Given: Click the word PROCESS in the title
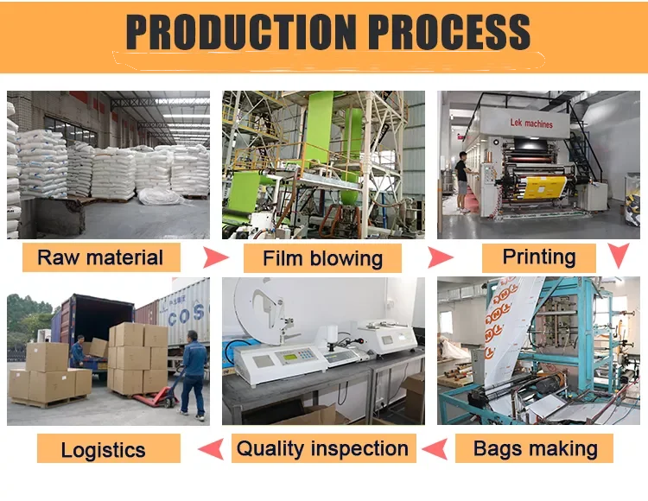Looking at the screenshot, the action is tap(449, 33).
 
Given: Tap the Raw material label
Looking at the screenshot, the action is tap(100, 257).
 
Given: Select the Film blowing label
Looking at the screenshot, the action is tap(322, 258).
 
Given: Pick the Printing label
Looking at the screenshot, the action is tap(539, 257).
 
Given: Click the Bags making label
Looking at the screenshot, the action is tap(536, 448).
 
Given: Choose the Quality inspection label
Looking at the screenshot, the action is tap(322, 448).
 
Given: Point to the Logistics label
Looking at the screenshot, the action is tap(103, 449).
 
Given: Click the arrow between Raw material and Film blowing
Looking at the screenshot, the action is tap(215, 257).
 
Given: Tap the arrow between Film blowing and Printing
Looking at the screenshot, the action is tap(441, 257).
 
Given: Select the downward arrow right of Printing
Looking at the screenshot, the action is tap(618, 255).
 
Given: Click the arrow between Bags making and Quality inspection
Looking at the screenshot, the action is tap(438, 447).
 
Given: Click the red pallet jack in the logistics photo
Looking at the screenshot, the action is tap(164, 393).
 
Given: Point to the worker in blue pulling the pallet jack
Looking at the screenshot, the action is tap(193, 371).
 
